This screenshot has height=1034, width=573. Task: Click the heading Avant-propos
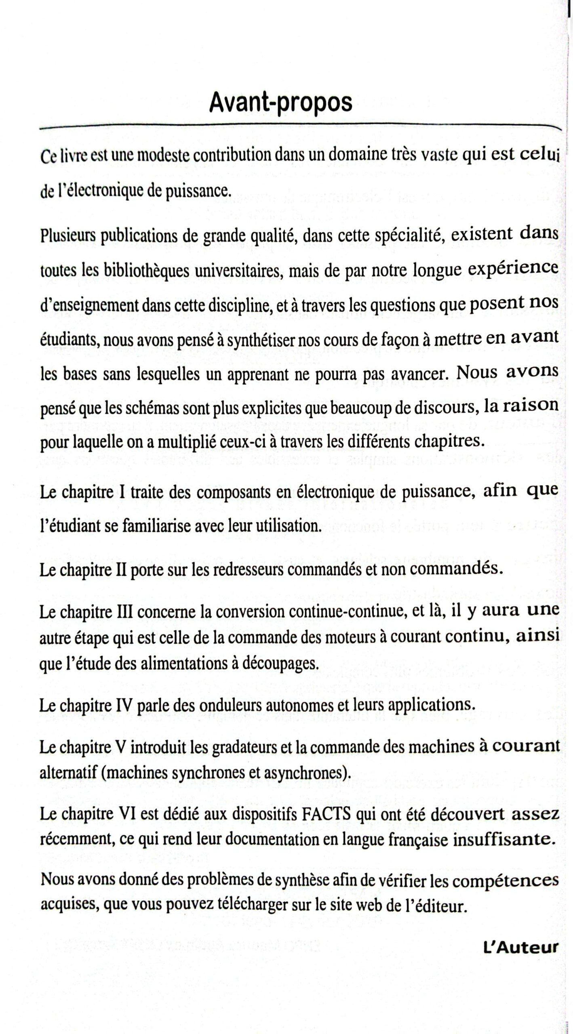(x=280, y=103)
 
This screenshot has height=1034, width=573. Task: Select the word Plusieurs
(x=67, y=236)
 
